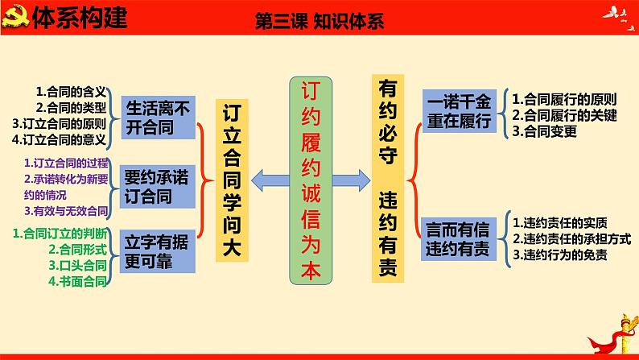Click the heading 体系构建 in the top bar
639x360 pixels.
point(80,17)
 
